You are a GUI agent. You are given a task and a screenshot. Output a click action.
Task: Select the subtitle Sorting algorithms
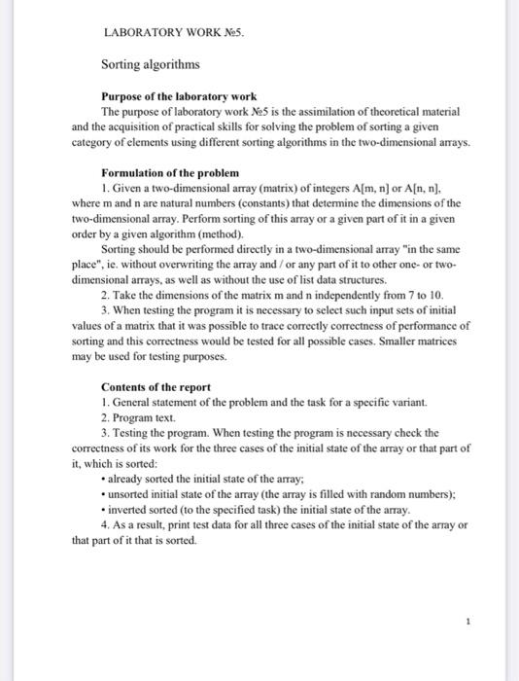[151, 64]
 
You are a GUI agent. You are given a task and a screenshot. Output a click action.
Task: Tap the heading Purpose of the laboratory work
[179, 97]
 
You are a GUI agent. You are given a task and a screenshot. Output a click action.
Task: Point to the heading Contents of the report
[156, 387]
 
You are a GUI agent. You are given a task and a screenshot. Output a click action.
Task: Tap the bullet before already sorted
[104, 480]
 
